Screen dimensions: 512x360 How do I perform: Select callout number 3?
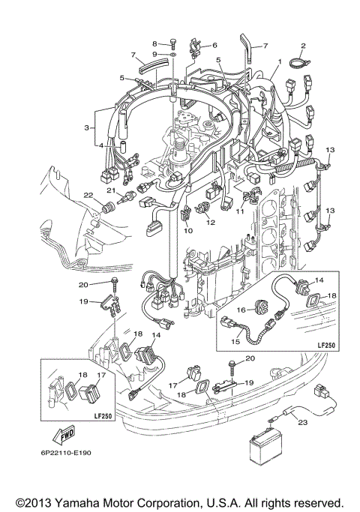[88, 128]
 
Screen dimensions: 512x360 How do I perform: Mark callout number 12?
[210, 222]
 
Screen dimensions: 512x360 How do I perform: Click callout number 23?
[303, 422]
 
